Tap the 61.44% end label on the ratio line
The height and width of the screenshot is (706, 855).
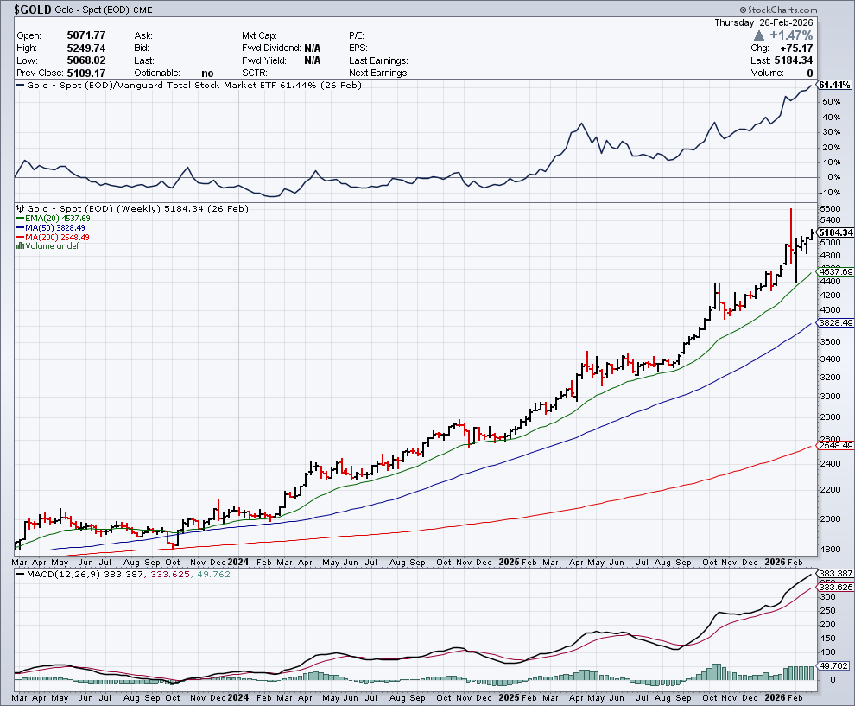tap(834, 85)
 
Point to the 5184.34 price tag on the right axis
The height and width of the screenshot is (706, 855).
tap(835, 232)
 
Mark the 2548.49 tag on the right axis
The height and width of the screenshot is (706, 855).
tap(835, 446)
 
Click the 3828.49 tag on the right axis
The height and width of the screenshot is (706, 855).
tap(835, 323)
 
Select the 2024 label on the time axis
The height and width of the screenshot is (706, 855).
tap(238, 561)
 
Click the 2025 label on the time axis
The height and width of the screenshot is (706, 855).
tap(509, 561)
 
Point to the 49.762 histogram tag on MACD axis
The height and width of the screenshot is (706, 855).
tap(834, 665)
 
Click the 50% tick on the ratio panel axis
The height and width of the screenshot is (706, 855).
tap(829, 102)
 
